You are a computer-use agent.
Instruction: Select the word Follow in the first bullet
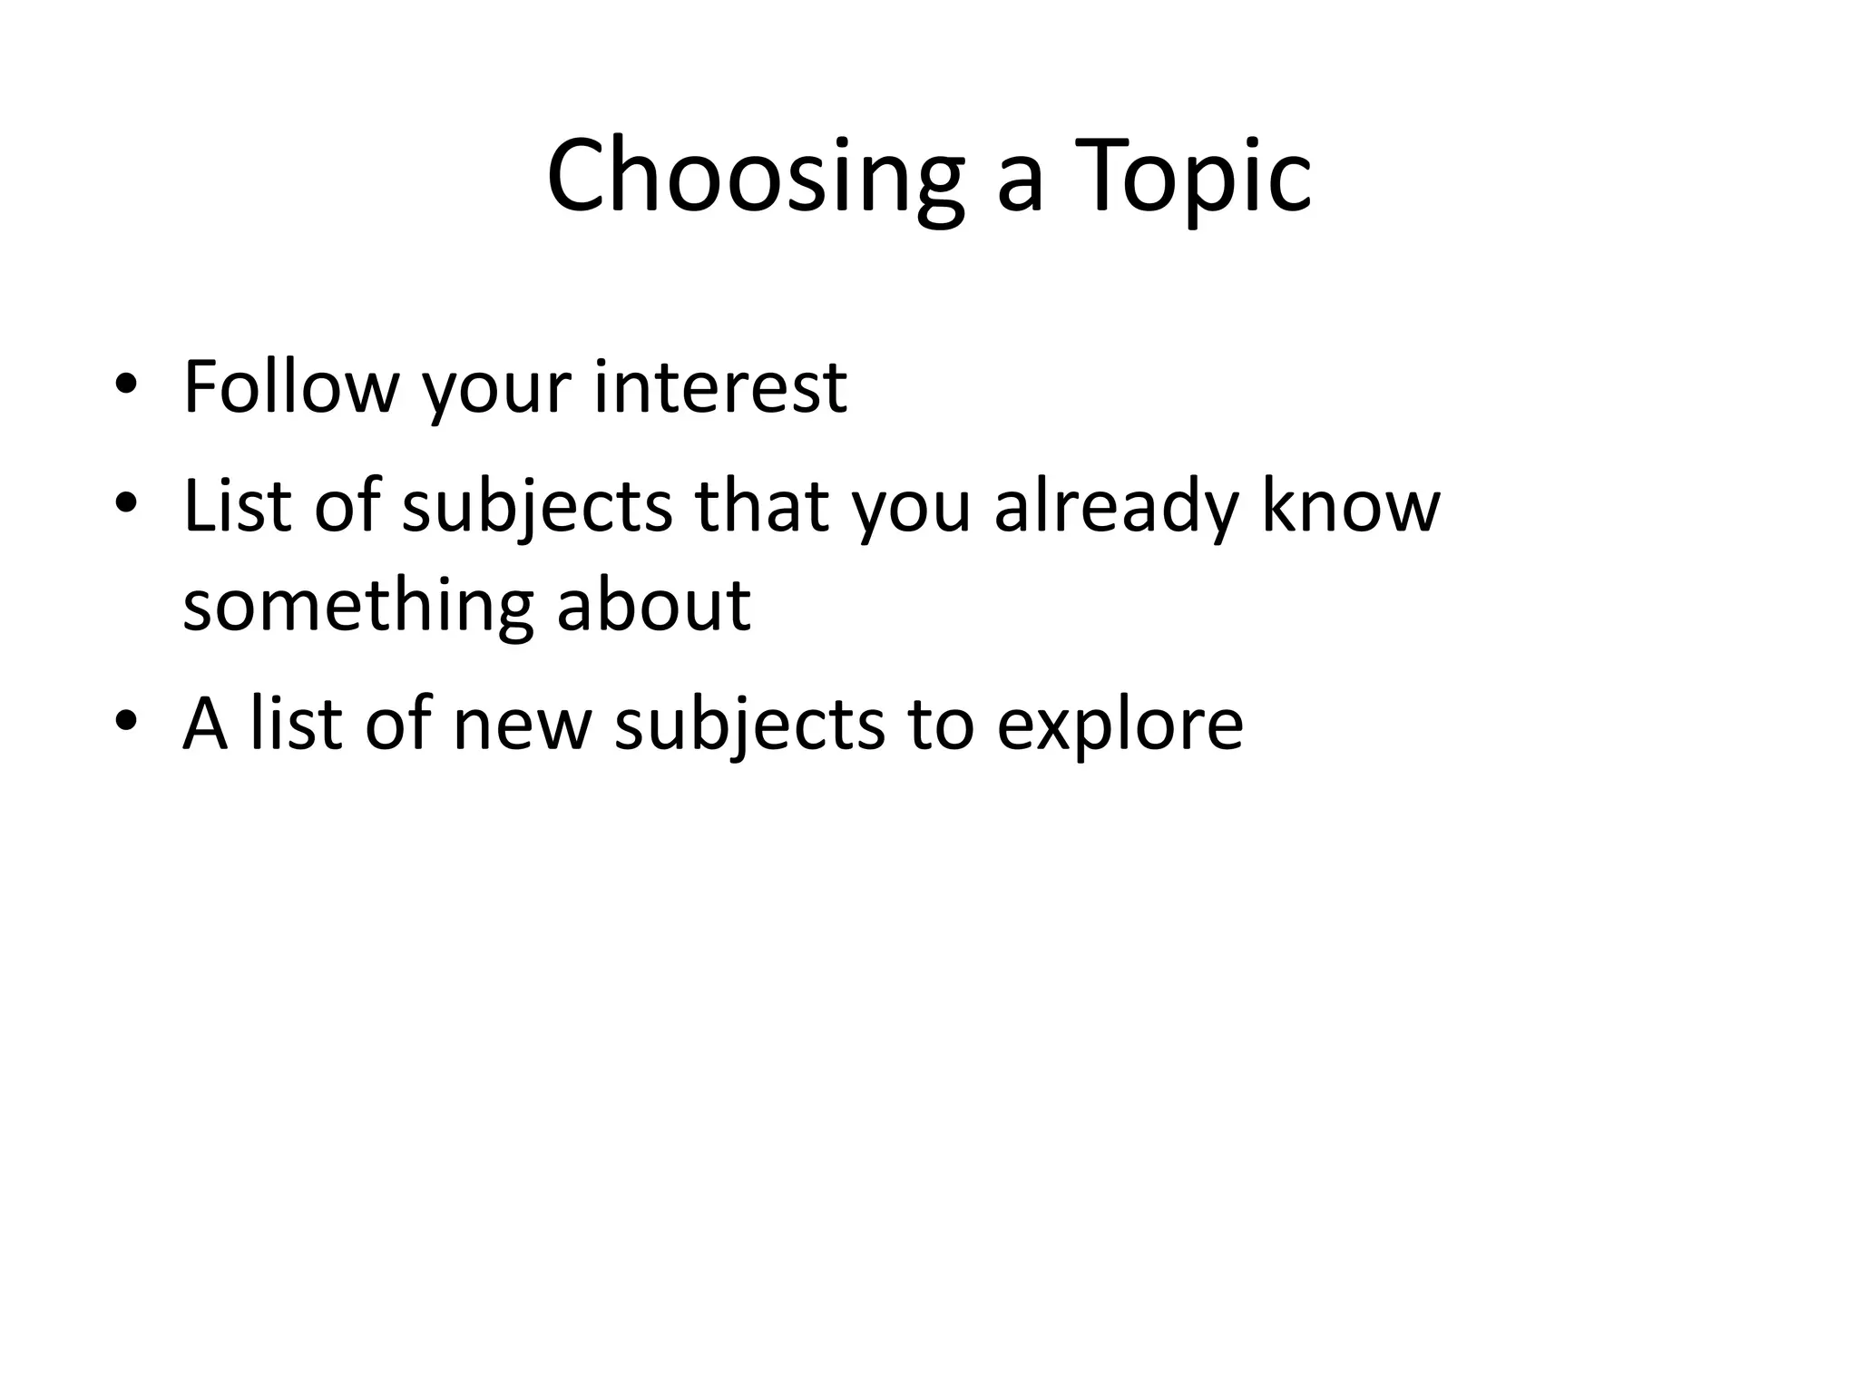click(x=290, y=387)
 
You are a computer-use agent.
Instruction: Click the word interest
click(x=720, y=387)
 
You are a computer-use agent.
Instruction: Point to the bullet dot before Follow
click(x=126, y=385)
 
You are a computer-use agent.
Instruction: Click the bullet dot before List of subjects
click(x=126, y=502)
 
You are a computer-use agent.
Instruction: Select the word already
click(x=1115, y=505)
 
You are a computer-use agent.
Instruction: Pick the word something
click(x=357, y=606)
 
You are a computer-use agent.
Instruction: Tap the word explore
click(x=1120, y=726)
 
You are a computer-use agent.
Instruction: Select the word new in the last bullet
click(x=522, y=726)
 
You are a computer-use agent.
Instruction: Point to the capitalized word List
click(x=236, y=505)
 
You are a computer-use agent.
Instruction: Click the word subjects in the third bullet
click(x=749, y=726)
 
